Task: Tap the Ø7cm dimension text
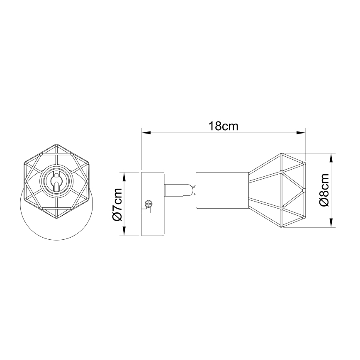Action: point(117,204)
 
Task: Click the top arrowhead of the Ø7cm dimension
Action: point(124,175)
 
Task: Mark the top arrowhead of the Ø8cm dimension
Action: point(332,157)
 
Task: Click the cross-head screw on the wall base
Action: point(148,204)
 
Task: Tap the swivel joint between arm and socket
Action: point(192,190)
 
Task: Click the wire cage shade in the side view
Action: point(278,190)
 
